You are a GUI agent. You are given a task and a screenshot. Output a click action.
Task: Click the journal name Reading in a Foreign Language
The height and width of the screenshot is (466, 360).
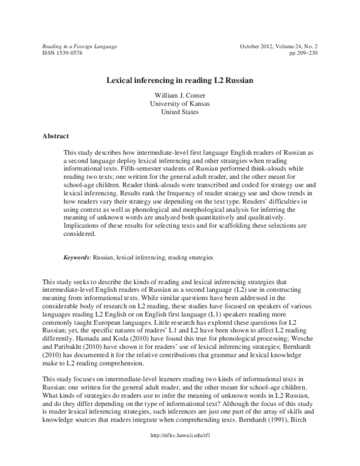(x=79, y=46)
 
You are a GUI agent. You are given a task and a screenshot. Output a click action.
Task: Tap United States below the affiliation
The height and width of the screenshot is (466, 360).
(x=179, y=112)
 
